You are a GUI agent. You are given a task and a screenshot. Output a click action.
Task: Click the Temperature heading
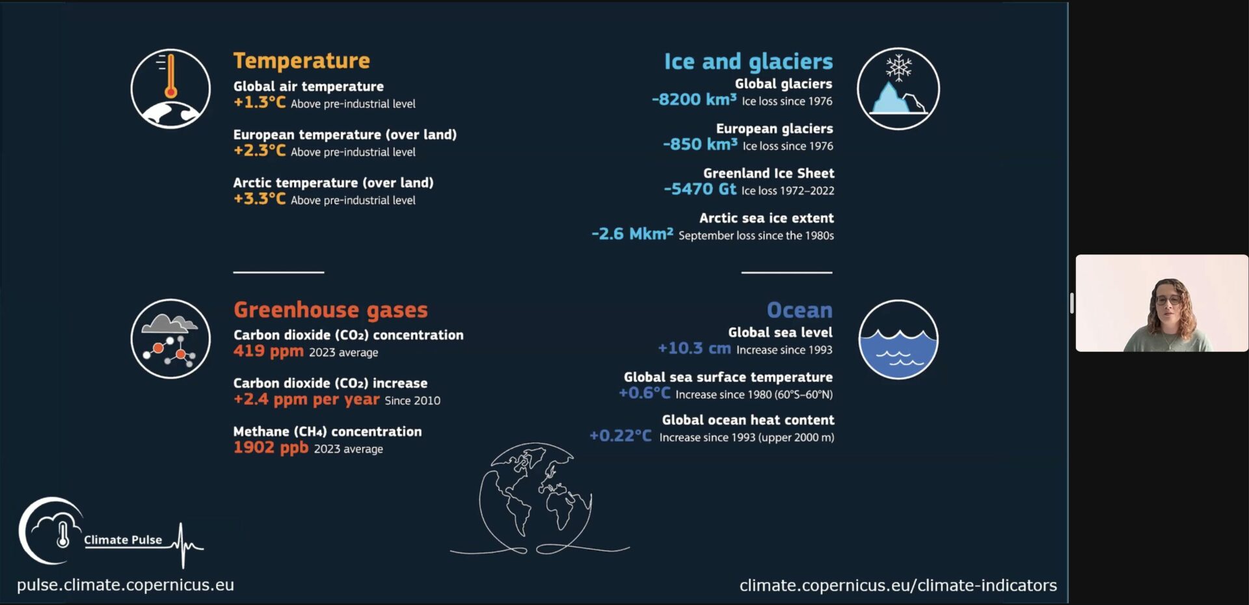point(301,60)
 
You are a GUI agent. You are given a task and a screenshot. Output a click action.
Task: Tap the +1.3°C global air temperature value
point(260,102)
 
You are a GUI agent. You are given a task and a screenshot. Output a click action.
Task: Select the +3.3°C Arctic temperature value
point(260,198)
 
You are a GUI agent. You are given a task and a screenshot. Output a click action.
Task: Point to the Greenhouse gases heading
point(330,310)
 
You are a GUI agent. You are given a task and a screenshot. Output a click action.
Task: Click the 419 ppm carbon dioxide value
point(269,351)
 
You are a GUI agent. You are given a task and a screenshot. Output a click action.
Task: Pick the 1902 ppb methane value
point(271,448)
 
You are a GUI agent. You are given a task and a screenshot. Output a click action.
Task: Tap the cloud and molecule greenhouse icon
point(170,339)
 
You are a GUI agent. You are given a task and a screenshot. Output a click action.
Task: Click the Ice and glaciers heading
point(748,61)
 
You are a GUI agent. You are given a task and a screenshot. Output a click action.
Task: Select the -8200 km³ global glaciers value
point(694,100)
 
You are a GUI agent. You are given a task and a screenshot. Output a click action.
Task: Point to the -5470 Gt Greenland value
point(700,189)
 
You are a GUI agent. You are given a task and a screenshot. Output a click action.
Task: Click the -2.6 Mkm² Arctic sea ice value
point(632,234)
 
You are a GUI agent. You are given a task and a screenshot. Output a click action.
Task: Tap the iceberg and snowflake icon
point(898,88)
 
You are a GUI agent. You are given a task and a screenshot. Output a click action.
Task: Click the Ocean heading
point(799,310)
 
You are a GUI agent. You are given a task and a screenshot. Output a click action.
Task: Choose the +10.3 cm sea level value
point(694,349)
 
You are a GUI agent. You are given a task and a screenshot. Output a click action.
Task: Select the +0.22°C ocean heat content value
point(621,436)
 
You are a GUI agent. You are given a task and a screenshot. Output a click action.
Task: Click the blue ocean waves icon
point(898,340)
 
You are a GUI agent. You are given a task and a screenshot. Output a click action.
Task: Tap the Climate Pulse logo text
point(123,540)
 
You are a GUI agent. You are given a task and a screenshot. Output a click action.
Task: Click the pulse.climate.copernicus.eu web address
point(126,585)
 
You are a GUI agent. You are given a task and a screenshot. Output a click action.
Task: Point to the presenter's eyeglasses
point(1168,301)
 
